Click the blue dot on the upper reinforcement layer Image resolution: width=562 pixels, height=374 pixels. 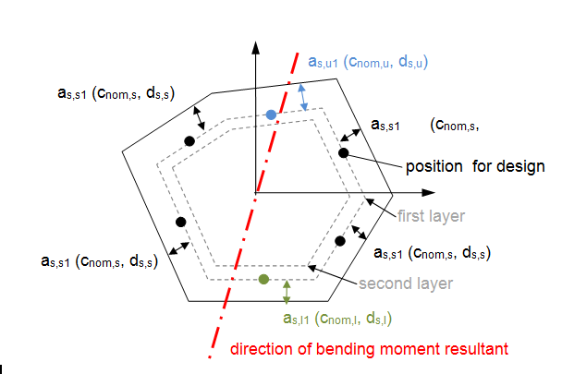[271, 115]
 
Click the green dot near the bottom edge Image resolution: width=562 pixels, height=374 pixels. [263, 279]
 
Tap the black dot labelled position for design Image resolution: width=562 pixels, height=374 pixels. [343, 153]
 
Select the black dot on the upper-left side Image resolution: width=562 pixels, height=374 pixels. [189, 141]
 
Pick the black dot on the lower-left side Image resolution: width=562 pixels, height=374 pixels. [181, 223]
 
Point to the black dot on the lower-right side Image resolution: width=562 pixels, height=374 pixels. [340, 241]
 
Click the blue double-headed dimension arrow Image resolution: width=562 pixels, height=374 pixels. [303, 97]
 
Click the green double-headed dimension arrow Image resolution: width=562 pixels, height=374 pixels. [287, 293]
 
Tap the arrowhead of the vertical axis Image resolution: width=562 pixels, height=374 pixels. [255, 47]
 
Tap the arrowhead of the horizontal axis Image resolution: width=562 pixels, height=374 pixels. [428, 193]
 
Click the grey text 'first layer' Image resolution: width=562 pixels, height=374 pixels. [431, 216]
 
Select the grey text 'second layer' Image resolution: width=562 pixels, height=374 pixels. [406, 284]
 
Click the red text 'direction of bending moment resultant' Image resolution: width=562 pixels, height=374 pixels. [369, 349]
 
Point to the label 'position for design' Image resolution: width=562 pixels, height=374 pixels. [475, 166]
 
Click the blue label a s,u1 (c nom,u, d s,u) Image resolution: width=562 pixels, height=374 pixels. [368, 62]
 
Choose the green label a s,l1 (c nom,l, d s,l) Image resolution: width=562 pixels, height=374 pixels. [337, 318]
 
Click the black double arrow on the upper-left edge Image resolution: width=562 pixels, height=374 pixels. [199, 118]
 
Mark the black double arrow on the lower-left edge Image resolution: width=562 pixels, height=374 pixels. [178, 248]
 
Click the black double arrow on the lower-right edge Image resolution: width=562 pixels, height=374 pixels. [359, 232]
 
